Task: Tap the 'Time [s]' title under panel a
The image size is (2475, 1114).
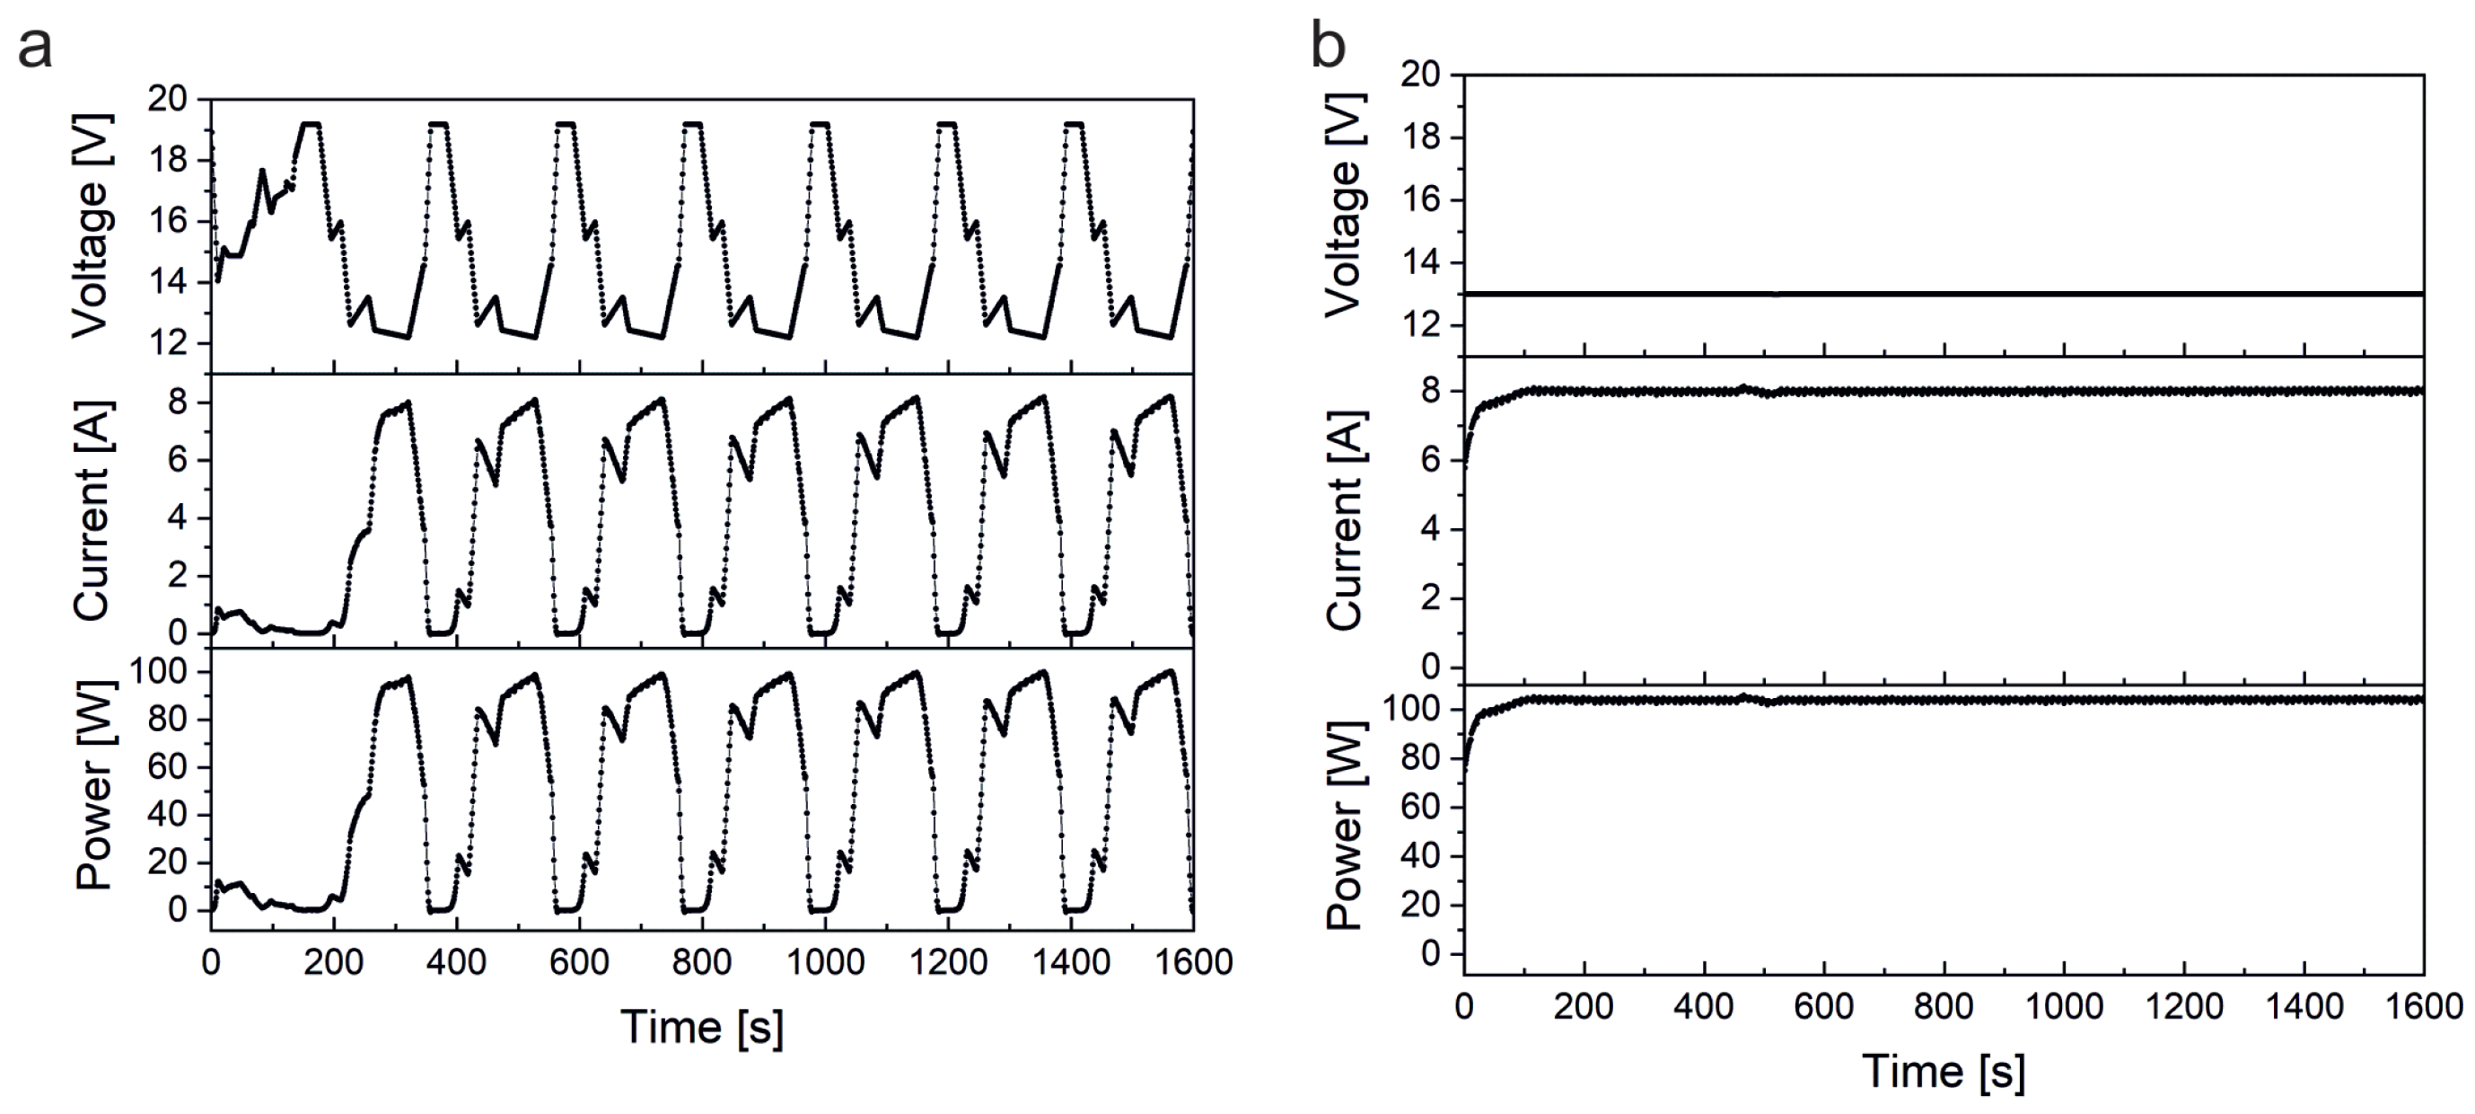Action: [x=701, y=1027]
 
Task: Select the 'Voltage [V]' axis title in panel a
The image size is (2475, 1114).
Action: [x=92, y=226]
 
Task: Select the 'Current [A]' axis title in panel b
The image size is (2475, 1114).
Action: [x=1344, y=520]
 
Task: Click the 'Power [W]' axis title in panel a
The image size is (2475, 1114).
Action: [x=94, y=784]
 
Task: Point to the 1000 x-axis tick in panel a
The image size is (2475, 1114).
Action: [x=824, y=962]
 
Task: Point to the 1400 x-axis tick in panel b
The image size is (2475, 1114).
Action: [x=2303, y=1006]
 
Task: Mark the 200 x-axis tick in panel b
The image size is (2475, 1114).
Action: [x=1583, y=1006]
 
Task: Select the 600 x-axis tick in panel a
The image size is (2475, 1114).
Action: [x=578, y=962]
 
